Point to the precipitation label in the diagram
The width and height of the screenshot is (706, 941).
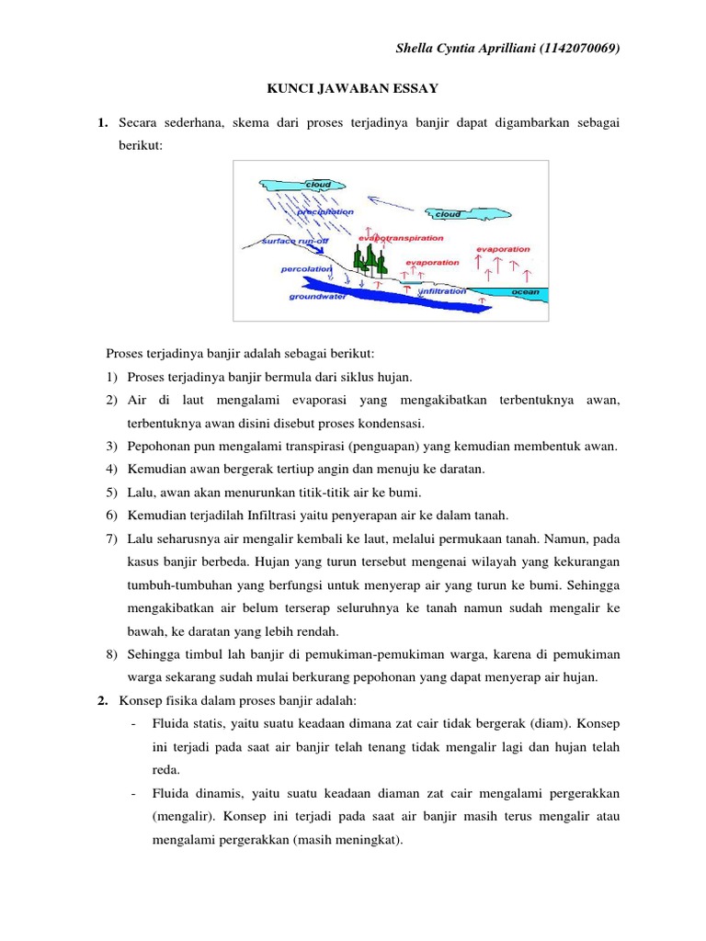tap(325, 211)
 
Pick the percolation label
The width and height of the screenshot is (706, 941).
tap(306, 269)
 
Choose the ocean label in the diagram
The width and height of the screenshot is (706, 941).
tap(525, 291)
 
